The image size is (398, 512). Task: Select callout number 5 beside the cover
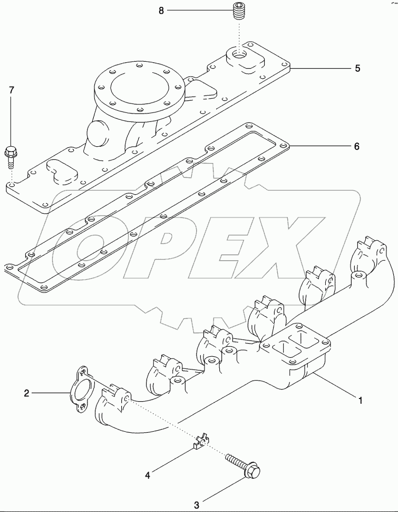coord(357,68)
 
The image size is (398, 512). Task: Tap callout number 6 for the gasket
coord(357,146)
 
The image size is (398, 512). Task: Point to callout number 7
coord(11,90)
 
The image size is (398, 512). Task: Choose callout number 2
coord(26,393)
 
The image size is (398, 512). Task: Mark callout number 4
coord(148,475)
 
